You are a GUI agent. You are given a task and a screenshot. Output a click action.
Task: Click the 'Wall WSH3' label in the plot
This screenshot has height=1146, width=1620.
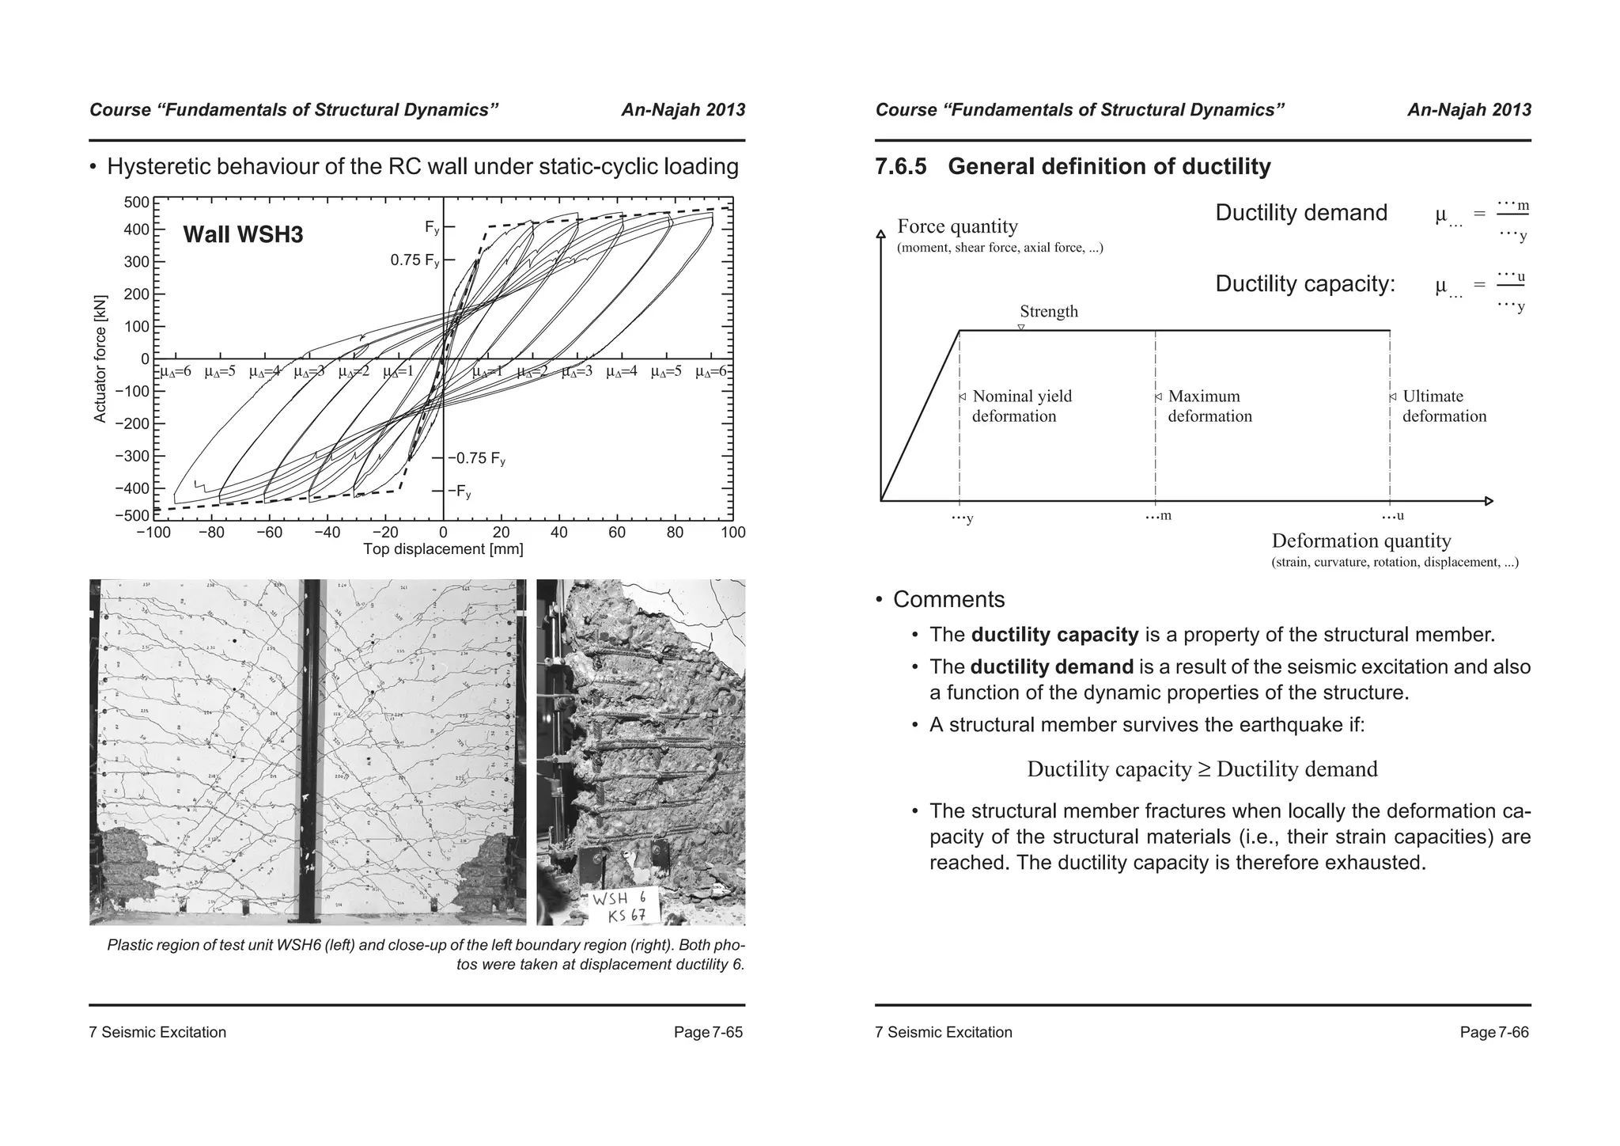(243, 234)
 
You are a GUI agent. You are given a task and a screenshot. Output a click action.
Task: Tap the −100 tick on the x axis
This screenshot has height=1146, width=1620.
(153, 533)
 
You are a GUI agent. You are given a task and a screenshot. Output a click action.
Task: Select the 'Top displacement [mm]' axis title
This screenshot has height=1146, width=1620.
(443, 549)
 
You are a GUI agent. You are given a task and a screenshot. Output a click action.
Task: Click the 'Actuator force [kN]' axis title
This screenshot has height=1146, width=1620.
(100, 359)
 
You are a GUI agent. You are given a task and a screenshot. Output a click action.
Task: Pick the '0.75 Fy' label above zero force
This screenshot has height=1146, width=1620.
(414, 260)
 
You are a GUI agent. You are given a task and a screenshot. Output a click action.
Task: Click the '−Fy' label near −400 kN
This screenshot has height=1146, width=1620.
(460, 491)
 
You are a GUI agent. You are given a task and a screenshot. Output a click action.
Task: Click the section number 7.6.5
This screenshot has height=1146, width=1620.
(900, 167)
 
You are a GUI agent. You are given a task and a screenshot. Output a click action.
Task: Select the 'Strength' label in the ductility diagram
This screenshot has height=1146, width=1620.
(1048, 312)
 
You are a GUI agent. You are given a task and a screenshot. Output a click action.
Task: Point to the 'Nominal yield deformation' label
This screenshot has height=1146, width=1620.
(1021, 406)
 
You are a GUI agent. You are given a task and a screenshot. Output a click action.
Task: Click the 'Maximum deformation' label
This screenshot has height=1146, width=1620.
(1209, 406)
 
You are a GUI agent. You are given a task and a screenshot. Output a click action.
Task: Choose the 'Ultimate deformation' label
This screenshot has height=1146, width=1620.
(1444, 406)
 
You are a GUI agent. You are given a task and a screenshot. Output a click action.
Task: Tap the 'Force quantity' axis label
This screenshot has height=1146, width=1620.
(957, 227)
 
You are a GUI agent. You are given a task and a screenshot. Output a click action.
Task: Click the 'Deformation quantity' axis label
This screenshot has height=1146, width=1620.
(1361, 541)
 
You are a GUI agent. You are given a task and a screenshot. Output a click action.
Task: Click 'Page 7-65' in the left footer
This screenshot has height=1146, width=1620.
(708, 1032)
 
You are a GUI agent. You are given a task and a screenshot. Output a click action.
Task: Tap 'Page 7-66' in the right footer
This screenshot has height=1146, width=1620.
(1494, 1032)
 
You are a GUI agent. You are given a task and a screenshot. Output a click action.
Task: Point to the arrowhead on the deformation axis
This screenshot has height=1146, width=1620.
(1489, 501)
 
